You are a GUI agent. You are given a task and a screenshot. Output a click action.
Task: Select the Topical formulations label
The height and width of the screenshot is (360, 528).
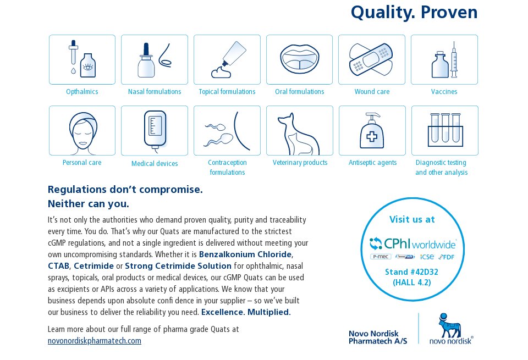[x=227, y=92]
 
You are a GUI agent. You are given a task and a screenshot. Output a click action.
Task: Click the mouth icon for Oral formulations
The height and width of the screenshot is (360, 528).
[x=299, y=59]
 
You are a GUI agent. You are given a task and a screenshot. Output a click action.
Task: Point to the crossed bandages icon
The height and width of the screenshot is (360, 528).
[x=371, y=59]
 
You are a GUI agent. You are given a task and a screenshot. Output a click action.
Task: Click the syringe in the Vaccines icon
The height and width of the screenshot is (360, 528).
[x=454, y=60]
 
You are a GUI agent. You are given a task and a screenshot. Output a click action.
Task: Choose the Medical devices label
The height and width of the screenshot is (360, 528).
[x=155, y=164]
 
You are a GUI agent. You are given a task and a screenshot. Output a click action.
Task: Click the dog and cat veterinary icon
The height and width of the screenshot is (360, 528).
[x=298, y=134]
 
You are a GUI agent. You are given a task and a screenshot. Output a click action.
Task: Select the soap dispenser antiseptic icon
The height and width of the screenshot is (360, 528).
[x=372, y=131]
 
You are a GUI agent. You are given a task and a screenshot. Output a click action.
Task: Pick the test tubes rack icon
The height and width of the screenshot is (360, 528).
[x=445, y=130]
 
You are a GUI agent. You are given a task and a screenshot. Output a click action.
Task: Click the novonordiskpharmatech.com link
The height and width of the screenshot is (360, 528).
[x=95, y=341]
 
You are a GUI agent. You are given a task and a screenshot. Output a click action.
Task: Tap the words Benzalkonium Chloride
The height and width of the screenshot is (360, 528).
[x=245, y=254]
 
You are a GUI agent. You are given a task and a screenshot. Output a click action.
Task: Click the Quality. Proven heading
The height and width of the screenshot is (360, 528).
[x=414, y=13]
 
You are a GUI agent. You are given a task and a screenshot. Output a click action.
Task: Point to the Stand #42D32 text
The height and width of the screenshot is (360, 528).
[x=411, y=272]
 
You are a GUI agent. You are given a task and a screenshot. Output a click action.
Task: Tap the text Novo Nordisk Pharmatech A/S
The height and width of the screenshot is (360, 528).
[x=378, y=337]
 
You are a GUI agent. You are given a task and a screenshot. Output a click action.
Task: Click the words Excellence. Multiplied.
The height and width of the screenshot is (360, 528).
[x=246, y=312]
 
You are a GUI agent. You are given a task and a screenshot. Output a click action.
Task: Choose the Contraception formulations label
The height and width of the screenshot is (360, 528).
[x=227, y=167]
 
